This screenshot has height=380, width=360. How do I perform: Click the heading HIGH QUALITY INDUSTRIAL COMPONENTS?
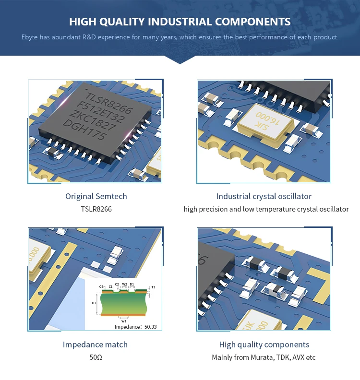click(180, 22)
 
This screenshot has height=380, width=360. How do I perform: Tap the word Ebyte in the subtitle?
click(30, 37)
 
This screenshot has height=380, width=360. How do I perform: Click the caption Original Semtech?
click(96, 196)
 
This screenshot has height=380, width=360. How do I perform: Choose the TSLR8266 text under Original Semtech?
click(96, 209)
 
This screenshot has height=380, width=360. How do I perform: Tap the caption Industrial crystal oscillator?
click(264, 196)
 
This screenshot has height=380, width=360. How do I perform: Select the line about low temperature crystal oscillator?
click(266, 209)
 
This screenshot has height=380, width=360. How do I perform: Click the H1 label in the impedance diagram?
click(94, 303)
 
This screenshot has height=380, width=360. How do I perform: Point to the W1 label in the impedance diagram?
click(123, 321)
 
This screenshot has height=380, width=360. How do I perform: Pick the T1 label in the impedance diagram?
click(153, 287)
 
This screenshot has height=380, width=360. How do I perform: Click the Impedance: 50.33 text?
click(136, 327)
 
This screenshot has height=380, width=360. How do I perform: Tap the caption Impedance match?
click(95, 344)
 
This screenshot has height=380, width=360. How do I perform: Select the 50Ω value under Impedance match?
click(96, 357)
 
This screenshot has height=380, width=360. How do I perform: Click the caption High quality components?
click(264, 344)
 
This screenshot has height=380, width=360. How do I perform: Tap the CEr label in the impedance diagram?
click(102, 287)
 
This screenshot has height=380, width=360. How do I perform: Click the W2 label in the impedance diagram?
click(124, 284)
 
